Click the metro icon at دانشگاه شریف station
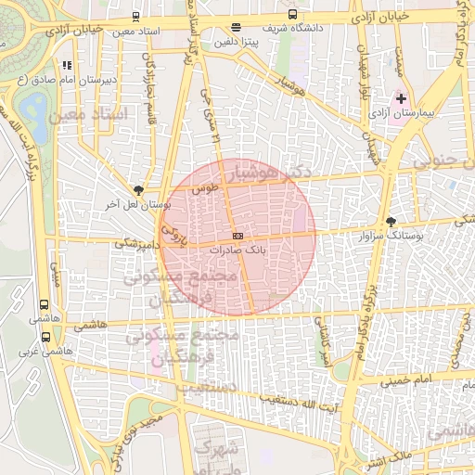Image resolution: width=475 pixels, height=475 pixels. coord(293,15)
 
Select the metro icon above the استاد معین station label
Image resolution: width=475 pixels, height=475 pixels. coord(137,17)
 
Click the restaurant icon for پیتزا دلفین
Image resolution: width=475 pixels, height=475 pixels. coord(236,28)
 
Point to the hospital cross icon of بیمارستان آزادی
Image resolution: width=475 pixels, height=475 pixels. coord(401,97)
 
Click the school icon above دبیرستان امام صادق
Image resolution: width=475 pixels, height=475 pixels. coord(67,66)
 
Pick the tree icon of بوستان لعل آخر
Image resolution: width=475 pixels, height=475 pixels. coord(139,188)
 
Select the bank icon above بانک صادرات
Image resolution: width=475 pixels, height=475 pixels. coord(237,237)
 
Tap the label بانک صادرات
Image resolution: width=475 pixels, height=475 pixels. coord(237,250)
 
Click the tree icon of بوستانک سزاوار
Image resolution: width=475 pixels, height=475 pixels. coord(391,223)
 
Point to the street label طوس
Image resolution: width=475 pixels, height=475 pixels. coord(203,188)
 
